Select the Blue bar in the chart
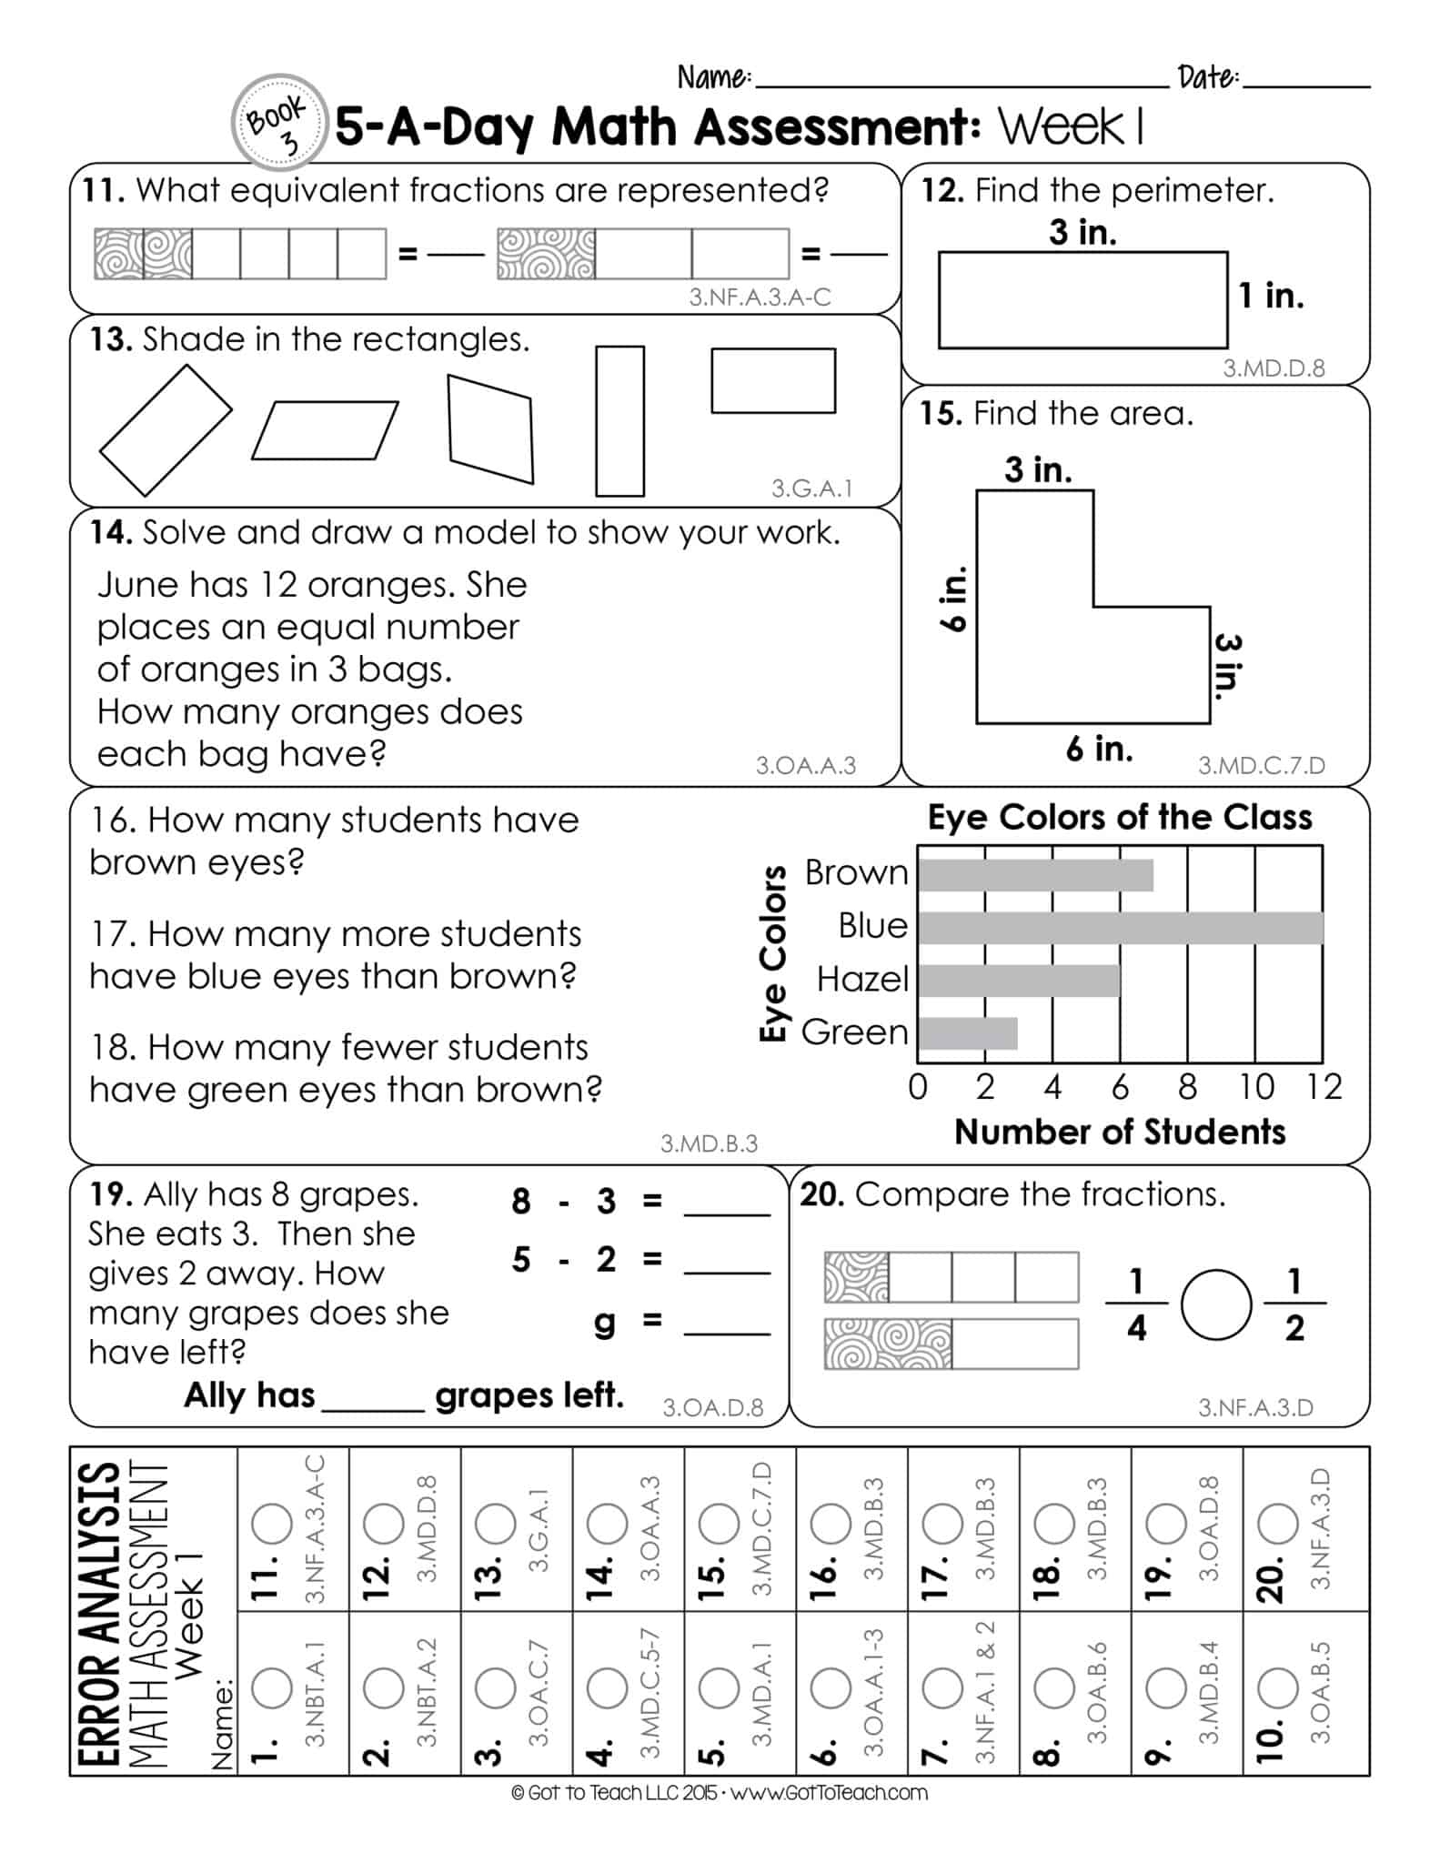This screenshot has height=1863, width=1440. [1120, 927]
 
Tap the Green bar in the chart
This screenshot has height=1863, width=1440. [968, 1033]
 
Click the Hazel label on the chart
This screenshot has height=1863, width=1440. [861, 980]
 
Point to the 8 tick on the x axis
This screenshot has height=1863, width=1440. [1187, 1087]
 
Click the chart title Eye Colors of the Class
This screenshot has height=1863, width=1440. [1119, 817]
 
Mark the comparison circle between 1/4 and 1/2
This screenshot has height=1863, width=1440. [1215, 1305]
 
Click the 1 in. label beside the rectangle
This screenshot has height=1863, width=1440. [1272, 296]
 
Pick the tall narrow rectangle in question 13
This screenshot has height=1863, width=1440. [619, 420]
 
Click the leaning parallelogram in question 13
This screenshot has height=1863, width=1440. [325, 430]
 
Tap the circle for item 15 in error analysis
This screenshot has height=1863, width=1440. [719, 1524]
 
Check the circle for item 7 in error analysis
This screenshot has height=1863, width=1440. [942, 1689]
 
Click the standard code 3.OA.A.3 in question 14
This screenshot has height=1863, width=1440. [805, 766]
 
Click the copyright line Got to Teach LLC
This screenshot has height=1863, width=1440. [719, 1793]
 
